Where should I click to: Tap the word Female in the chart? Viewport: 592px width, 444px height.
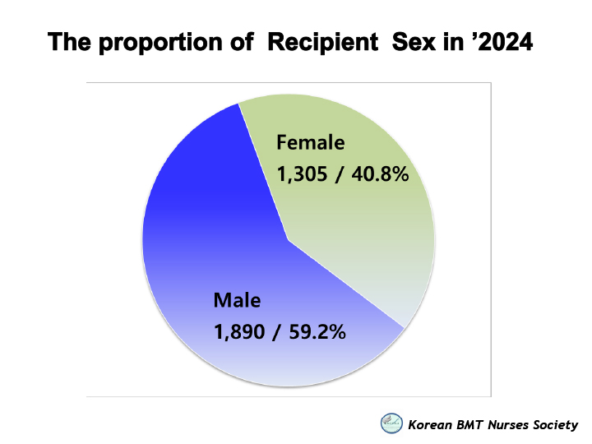(x=310, y=143)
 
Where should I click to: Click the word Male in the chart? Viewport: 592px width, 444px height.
(x=237, y=301)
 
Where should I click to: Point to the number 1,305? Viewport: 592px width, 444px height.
(x=302, y=174)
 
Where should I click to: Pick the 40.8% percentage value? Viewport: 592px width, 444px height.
(x=380, y=174)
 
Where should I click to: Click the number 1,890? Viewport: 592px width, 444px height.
(x=239, y=332)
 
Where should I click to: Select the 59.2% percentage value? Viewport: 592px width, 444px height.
(x=317, y=332)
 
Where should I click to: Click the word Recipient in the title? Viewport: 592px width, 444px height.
(x=323, y=42)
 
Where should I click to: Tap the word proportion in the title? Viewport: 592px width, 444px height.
(x=161, y=42)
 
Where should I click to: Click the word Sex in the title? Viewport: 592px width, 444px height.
(x=414, y=42)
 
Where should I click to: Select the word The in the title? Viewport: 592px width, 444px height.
(x=69, y=42)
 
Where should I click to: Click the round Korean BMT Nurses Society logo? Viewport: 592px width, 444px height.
(x=391, y=423)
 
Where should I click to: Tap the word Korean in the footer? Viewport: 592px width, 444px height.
(x=430, y=425)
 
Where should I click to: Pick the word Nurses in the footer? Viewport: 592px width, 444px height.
(x=508, y=425)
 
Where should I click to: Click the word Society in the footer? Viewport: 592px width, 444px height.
(x=555, y=426)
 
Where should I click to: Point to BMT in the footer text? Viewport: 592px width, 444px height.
(x=469, y=425)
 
